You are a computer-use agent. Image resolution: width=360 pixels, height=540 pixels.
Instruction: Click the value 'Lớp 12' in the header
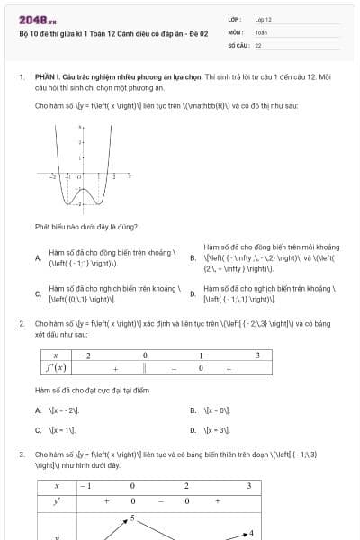263,18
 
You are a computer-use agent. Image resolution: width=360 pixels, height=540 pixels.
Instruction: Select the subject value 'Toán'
261,31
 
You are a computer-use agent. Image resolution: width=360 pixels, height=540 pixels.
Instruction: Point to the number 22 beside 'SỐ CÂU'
258,44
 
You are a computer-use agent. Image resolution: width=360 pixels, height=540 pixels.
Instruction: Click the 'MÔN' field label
235,31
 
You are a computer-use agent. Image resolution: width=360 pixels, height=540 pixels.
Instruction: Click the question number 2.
21,322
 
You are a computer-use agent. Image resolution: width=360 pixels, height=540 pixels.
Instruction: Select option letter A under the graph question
38,258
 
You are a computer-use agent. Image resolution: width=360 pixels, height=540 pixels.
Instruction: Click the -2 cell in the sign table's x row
86,355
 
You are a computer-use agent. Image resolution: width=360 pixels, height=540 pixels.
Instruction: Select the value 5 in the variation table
132,517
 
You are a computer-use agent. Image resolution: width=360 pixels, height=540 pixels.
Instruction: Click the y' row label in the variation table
57,500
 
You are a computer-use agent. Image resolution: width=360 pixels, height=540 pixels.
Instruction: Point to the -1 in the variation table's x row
86,485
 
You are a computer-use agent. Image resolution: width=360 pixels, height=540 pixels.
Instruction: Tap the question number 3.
21,455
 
